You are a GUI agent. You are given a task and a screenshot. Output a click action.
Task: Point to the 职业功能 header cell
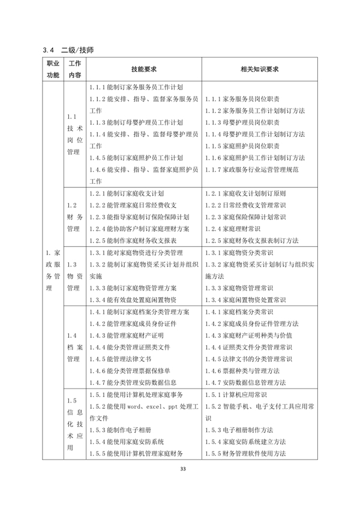coord(53,69)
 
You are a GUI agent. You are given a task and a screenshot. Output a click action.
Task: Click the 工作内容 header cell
coord(74,69)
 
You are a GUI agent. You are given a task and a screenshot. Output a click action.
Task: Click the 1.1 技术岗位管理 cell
coord(74,134)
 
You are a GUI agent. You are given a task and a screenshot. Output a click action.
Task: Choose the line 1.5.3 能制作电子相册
coord(116,430)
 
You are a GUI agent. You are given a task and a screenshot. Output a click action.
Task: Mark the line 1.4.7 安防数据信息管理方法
coord(244,382)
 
